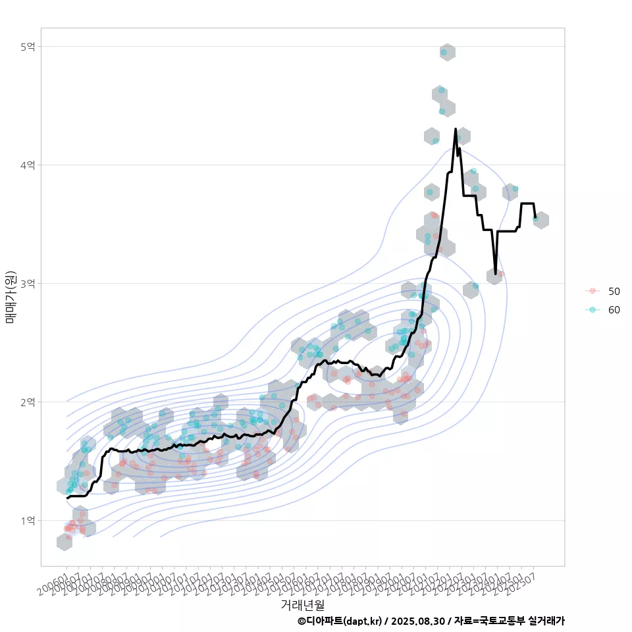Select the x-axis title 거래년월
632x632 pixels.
302,604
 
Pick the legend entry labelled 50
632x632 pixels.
614,291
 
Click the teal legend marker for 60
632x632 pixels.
593,310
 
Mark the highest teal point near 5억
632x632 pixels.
444,52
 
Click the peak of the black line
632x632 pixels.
456,129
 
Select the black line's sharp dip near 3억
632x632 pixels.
496,273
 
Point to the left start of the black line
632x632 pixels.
67,498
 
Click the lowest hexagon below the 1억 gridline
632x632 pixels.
65,542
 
